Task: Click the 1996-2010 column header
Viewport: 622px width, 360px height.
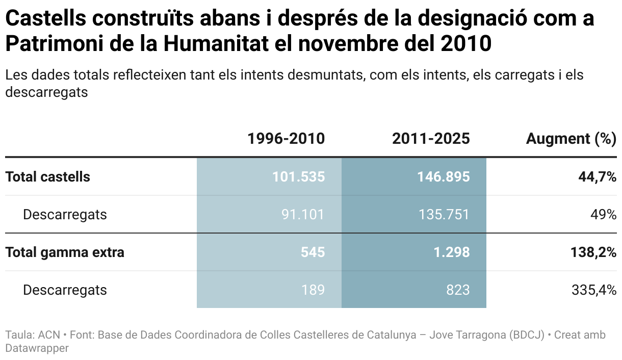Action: [x=286, y=139]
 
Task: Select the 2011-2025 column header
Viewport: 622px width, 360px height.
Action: [x=431, y=139]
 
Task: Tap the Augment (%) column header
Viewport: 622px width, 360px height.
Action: [x=571, y=139]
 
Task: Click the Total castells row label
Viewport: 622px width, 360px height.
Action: [x=47, y=177]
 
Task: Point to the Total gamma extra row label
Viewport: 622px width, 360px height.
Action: [x=65, y=252]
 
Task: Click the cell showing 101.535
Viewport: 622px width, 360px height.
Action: [x=298, y=177]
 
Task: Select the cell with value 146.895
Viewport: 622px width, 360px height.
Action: [x=443, y=177]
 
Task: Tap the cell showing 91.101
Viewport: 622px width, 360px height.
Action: [x=303, y=215]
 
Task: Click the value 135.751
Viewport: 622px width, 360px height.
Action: [x=443, y=215]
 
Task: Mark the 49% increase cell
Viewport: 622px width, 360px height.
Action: [x=603, y=215]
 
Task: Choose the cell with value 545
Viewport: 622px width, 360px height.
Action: [x=312, y=252]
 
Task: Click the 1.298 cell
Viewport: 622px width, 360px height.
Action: [x=452, y=252]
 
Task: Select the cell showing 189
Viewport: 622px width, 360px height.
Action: [x=313, y=290]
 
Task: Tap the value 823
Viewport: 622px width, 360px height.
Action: [x=458, y=290]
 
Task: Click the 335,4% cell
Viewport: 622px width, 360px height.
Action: [x=594, y=290]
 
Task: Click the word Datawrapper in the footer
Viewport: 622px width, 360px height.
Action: [x=37, y=348]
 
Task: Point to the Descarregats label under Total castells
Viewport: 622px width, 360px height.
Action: [x=65, y=215]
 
